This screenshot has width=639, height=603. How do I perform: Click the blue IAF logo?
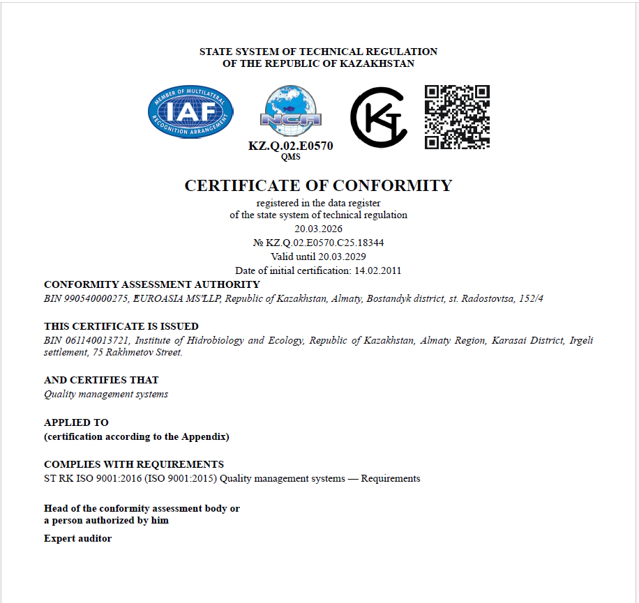tap(190, 112)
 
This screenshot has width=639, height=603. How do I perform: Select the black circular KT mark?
tap(378, 117)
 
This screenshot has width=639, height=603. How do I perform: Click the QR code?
tap(457, 116)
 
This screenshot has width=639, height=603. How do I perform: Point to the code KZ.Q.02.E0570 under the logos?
tap(291, 146)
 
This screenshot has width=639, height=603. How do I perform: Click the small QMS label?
tap(291, 157)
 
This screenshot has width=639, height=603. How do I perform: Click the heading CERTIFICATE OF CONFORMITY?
tap(318, 185)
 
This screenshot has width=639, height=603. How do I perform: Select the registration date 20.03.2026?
tap(318, 229)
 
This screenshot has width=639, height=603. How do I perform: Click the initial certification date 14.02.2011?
tap(377, 270)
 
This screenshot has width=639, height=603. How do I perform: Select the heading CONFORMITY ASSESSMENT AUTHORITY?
tap(151, 284)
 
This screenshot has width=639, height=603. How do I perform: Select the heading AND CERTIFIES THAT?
tap(101, 380)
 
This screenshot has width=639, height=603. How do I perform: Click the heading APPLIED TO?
tap(76, 422)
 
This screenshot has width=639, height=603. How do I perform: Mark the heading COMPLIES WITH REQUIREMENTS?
tap(134, 464)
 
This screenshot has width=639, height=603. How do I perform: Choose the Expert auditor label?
tap(77, 538)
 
